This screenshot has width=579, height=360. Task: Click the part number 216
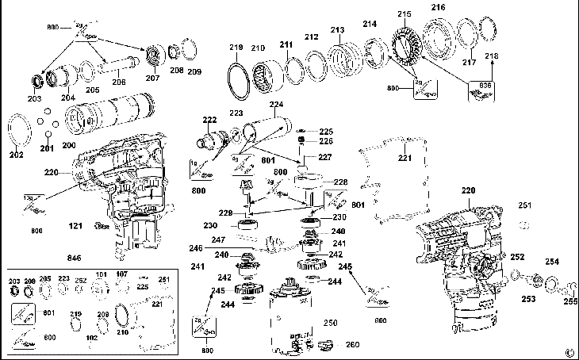pos(438,7)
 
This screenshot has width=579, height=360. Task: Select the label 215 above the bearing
pos(405,14)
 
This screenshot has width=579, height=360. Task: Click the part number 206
pos(118,82)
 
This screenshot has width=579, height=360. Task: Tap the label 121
pos(75,227)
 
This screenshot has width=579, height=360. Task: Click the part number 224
pos(276,104)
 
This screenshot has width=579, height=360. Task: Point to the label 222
pos(209,120)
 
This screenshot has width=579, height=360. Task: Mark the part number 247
pos(217,239)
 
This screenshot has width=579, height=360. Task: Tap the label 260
pos(351,344)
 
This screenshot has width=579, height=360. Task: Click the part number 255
pos(569,301)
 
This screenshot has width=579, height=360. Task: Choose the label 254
pos(551,262)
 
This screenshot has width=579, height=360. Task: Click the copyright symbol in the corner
pos(569,352)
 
